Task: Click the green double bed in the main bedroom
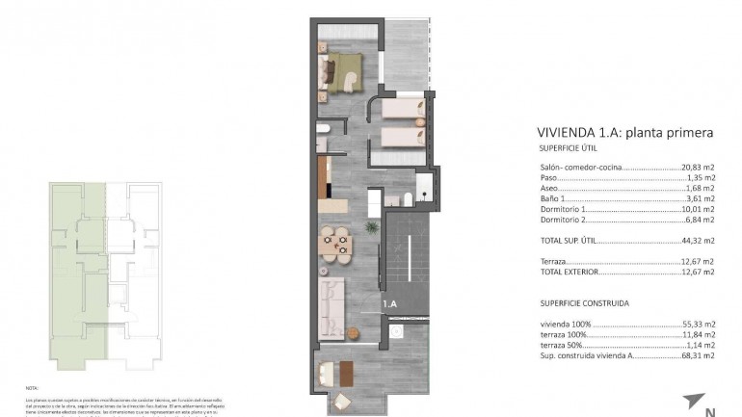point(345,70)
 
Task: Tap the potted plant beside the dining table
point(371,227)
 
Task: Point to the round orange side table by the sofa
point(354,335)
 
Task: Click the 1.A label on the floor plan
point(390,305)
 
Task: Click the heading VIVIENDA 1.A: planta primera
point(624,133)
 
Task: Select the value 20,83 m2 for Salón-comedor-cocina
point(698,167)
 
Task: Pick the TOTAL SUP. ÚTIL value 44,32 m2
point(698,240)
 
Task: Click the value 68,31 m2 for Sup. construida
point(698,355)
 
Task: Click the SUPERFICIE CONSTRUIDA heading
point(585,302)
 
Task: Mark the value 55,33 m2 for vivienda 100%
point(698,325)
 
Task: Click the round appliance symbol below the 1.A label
point(395,333)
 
